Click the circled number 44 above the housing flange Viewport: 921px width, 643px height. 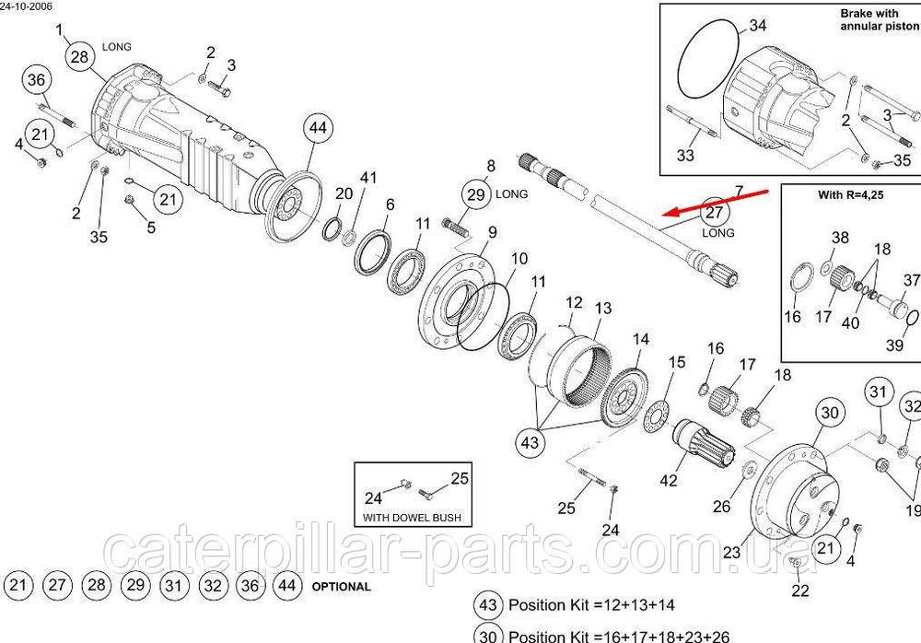click(317, 129)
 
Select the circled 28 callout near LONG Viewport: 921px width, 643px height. click(81, 57)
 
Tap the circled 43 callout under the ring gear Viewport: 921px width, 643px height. click(530, 442)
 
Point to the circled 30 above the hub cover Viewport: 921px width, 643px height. click(830, 413)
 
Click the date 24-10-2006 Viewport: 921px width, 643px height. click(27, 6)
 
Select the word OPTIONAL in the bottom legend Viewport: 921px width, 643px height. click(341, 586)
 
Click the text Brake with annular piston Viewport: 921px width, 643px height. click(879, 20)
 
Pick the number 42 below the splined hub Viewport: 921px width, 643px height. click(669, 480)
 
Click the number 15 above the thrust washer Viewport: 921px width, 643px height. click(677, 363)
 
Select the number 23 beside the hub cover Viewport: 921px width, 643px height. click(731, 553)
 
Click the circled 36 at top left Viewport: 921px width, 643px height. click(36, 80)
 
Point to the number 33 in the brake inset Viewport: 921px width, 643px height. click(685, 156)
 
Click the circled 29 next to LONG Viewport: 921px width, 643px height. click(475, 194)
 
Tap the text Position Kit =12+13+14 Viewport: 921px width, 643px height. click(591, 605)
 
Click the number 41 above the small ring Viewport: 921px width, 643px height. click(368, 177)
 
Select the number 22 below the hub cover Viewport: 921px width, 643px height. click(800, 590)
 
